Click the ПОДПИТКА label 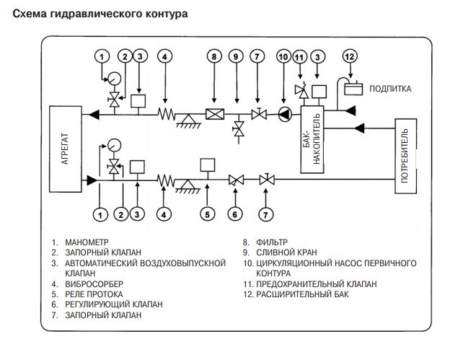pyautogui.click(x=390, y=89)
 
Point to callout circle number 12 pyautogui.click(x=350, y=56)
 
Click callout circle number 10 pyautogui.click(x=283, y=56)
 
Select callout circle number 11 pyautogui.click(x=299, y=56)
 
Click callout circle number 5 pyautogui.click(x=206, y=214)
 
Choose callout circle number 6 pyautogui.click(x=235, y=214)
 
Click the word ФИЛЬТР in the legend pyautogui.click(x=268, y=244)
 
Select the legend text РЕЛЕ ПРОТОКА pyautogui.click(x=93, y=294)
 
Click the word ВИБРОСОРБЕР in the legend pyautogui.click(x=91, y=284)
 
